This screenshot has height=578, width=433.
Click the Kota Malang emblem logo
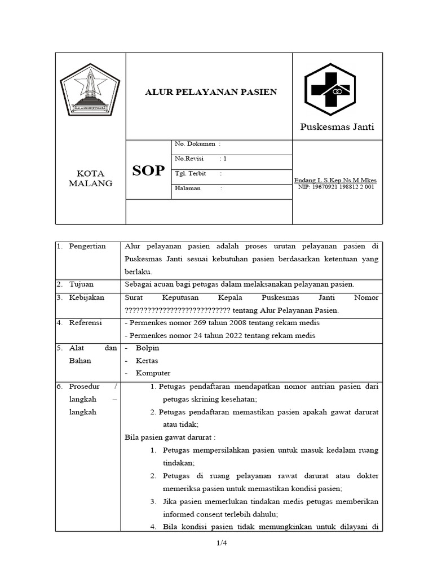coord(90,90)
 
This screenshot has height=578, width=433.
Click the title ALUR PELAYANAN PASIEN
coord(211,92)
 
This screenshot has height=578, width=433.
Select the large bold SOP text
coord(148,171)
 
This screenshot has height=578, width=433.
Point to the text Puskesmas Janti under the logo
coord(337,127)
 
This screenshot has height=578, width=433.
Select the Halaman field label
coord(188,189)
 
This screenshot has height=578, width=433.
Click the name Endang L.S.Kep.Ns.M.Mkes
coord(335,180)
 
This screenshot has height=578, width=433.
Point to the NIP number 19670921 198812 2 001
coord(336,187)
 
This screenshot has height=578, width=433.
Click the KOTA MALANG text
coord(90,178)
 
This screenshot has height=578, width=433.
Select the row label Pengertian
coord(87,247)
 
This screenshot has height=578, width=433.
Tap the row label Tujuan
coord(82,284)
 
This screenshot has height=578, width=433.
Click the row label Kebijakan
coord(86,297)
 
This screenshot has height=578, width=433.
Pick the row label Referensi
coord(86,323)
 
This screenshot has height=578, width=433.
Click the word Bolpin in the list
coord(147,348)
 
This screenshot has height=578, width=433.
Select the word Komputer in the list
coord(153,373)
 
